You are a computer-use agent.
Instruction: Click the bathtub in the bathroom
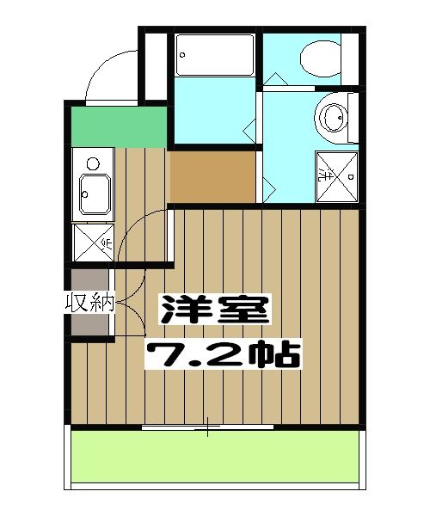(215, 56)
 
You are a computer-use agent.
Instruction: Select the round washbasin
(332, 117)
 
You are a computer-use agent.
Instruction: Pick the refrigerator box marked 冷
(93, 243)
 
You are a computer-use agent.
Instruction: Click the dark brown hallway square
(212, 176)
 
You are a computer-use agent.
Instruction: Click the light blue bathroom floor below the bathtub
(215, 112)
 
